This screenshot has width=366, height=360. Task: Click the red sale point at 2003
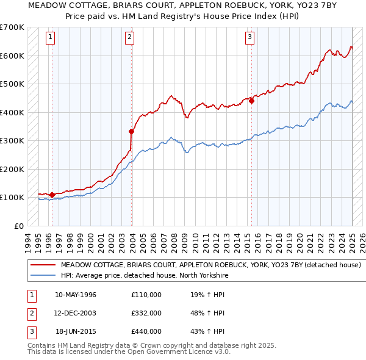[131, 131]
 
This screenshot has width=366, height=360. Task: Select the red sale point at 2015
[251, 101]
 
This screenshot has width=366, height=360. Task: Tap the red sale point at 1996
[52, 195]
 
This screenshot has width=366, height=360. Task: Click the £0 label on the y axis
[18, 226]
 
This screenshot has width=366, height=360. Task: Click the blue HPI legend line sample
[43, 276]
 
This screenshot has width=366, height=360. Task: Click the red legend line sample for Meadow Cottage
[43, 265]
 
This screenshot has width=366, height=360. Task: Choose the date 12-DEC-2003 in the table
[76, 313]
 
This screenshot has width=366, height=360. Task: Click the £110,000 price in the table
[146, 295]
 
